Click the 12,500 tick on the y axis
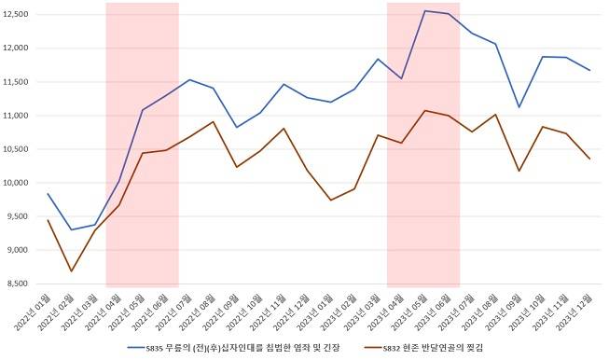click(16, 14)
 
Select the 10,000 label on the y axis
click(16, 183)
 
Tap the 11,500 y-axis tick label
click(16, 82)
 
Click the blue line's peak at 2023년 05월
click(425, 11)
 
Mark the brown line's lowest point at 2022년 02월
click(71, 271)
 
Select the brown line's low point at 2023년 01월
click(331, 200)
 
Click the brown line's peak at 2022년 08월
click(213, 121)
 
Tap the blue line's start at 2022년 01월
click(48, 193)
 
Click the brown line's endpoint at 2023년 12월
click(589, 159)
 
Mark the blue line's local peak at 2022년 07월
click(189, 79)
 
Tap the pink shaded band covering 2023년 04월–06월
click(423, 187)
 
